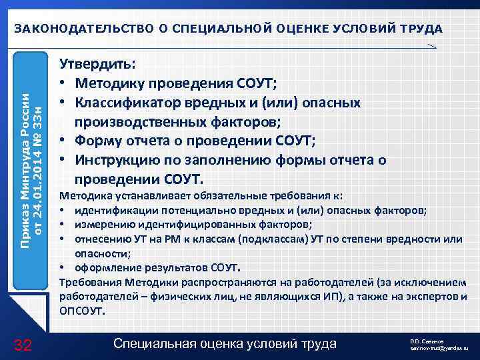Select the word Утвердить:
(97, 65)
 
